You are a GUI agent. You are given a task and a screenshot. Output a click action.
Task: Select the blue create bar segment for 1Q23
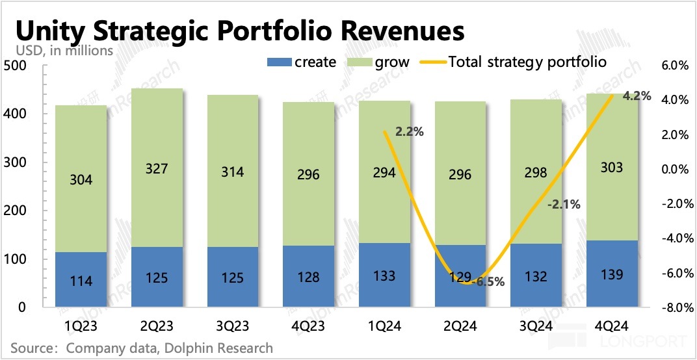click(x=81, y=279)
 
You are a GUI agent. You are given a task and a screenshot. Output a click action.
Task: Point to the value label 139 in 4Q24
click(x=612, y=275)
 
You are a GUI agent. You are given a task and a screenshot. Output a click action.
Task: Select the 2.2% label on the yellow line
click(x=410, y=132)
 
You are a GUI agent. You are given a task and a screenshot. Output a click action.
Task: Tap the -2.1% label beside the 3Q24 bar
click(x=564, y=204)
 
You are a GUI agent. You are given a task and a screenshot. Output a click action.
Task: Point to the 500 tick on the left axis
click(x=14, y=66)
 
